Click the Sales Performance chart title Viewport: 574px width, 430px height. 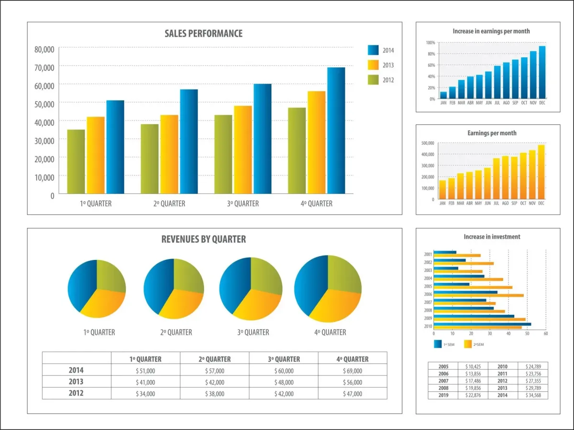pos(203,33)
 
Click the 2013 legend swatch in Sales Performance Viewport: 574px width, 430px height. pos(374,65)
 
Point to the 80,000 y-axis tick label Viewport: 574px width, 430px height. pos(44,49)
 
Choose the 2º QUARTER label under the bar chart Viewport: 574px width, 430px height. pos(169,204)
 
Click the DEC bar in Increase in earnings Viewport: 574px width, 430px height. pos(542,72)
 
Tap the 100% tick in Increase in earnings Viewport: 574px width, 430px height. pos(430,43)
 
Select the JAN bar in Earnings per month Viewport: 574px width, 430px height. pos(442,189)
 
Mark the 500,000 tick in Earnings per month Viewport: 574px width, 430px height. pos(427,143)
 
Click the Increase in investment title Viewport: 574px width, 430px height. pos(492,236)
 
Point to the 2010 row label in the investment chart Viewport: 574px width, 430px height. pos(428,326)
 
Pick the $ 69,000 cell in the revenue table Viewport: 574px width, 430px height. pos(353,371)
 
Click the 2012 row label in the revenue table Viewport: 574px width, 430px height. pos(76,393)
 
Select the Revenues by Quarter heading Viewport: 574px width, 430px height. pos(204,239)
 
